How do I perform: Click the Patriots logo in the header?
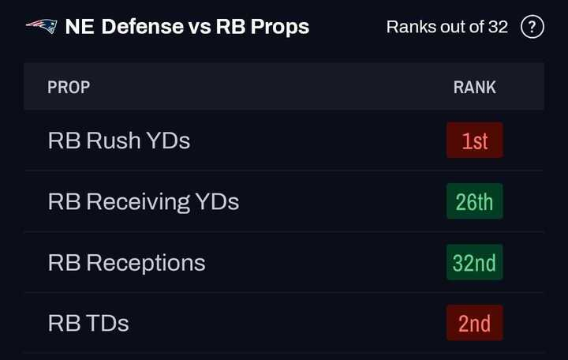(x=41, y=26)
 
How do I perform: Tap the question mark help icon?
(x=532, y=27)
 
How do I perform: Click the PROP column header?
(x=69, y=87)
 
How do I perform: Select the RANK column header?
(x=474, y=87)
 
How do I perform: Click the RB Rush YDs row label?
(x=119, y=141)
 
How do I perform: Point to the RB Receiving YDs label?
(x=144, y=201)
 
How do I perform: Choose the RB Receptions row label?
(x=127, y=262)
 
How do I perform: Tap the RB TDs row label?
(x=88, y=323)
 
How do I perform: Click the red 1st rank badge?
(x=474, y=141)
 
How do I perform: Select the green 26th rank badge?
(x=474, y=201)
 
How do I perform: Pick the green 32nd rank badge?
(x=474, y=262)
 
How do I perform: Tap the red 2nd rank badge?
(x=474, y=323)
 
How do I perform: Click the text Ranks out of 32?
(x=447, y=27)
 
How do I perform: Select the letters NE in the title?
(x=79, y=27)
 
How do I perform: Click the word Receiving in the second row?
(x=138, y=201)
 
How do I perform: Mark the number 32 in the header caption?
(x=498, y=27)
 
